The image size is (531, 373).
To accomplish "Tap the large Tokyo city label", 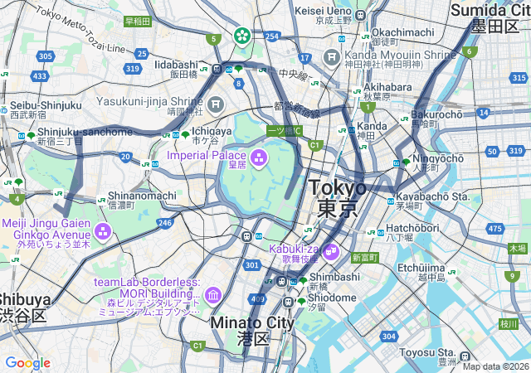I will pyautogui.click(x=338, y=197).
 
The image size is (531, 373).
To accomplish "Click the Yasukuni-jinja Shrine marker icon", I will pyautogui.click(x=217, y=104).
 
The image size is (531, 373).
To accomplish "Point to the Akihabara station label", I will pyautogui.click(x=387, y=87).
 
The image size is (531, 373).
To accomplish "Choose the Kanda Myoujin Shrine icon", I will pyautogui.click(x=331, y=57).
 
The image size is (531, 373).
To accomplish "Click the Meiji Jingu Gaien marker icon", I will pyautogui.click(x=103, y=230).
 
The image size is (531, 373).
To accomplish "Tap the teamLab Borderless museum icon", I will pyautogui.click(x=213, y=295).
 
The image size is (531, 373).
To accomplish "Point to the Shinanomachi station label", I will pyautogui.click(x=142, y=196).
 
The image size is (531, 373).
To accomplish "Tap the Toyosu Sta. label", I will pyautogui.click(x=428, y=351).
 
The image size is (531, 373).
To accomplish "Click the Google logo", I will pyautogui.click(x=27, y=363).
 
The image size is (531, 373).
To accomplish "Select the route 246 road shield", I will pyautogui.click(x=165, y=222).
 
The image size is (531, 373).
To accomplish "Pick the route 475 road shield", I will pyautogui.click(x=495, y=228).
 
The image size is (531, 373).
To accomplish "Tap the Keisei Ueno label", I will pyautogui.click(x=324, y=12).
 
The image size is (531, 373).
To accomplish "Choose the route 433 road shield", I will pyautogui.click(x=39, y=75).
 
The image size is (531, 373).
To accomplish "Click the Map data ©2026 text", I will pyautogui.click(x=494, y=366).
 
